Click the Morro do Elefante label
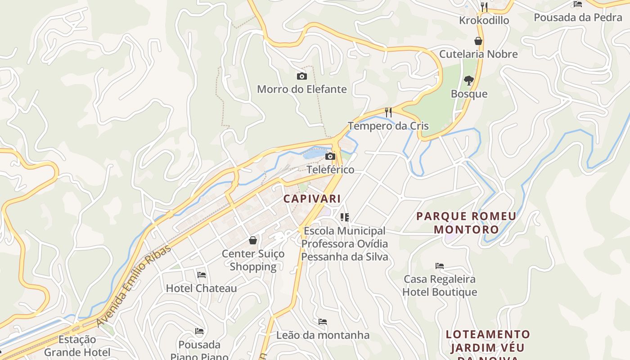[x=302, y=89]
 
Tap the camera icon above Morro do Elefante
[x=302, y=76]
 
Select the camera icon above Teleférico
[x=330, y=157]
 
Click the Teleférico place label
[x=330, y=170]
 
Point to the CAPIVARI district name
[x=312, y=198]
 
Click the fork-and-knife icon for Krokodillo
[x=484, y=7]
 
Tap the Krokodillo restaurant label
[x=484, y=21]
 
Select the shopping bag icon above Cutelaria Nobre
[x=478, y=41]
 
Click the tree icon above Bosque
[x=469, y=81]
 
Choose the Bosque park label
[x=469, y=94]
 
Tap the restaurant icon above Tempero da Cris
[x=388, y=112]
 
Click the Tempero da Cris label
[x=388, y=126]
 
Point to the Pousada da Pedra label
[x=578, y=18]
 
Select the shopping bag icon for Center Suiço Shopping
[x=253, y=240]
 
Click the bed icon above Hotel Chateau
[x=202, y=274]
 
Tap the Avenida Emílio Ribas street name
[x=134, y=286]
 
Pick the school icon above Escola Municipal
[x=345, y=218]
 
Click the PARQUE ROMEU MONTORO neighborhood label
[x=466, y=223]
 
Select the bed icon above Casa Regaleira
[x=440, y=266]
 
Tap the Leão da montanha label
[x=323, y=335]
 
